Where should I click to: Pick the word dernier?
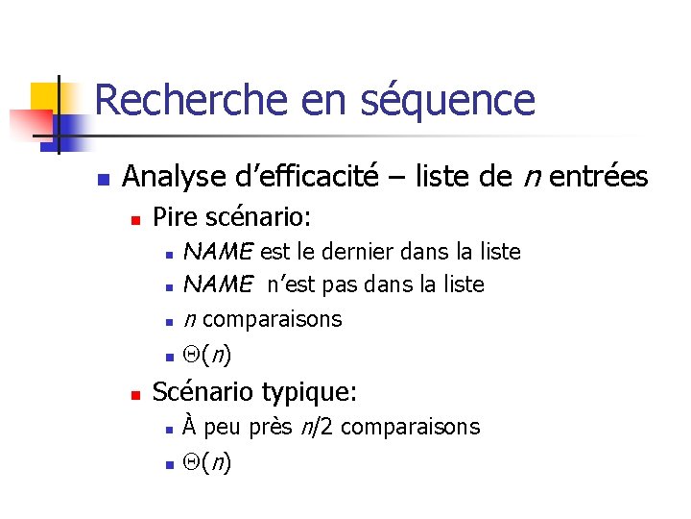361,252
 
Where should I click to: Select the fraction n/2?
320,427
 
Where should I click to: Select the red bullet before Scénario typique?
135,395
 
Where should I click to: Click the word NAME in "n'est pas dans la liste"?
218,284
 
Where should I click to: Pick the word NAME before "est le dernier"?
218,252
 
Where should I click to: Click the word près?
272,427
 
